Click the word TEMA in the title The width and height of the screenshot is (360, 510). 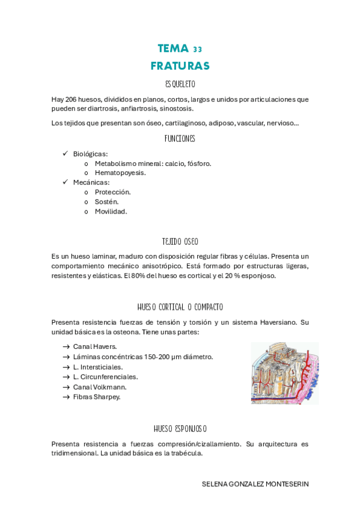[172, 48]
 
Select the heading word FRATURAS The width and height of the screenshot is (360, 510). [180, 65]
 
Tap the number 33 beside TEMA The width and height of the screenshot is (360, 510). [198, 49]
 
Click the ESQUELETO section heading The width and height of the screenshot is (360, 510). [180, 84]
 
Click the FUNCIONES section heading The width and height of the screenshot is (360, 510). [180, 138]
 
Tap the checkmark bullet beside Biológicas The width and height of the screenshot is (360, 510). [65, 154]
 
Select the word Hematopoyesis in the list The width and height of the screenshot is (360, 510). [120, 173]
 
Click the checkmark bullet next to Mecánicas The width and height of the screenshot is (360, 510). [65, 182]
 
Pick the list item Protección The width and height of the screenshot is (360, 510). [113, 192]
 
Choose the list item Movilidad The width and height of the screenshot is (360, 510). [111, 211]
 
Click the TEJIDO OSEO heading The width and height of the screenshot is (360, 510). [180, 241]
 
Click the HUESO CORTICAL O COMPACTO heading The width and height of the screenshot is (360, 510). [180, 307]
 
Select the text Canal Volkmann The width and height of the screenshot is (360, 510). [100, 387]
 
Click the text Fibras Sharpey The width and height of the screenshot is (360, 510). [97, 396]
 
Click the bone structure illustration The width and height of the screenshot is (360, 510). [284, 373]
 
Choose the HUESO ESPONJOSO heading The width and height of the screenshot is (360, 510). [180, 429]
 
